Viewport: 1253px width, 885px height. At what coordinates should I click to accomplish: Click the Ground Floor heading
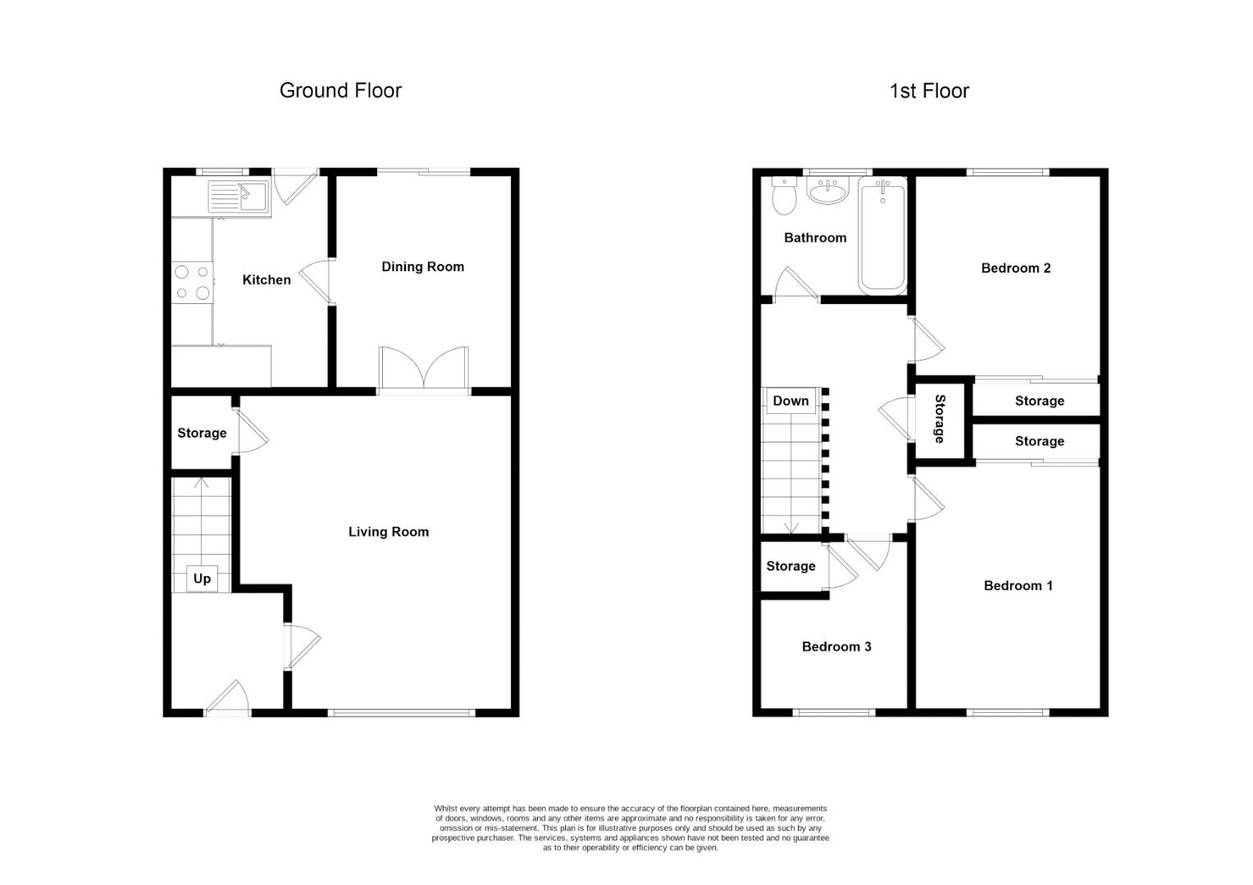pos(340,91)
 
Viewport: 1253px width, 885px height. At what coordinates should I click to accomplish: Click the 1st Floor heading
pos(929,91)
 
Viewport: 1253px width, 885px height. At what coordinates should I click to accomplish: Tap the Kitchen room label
pos(267,279)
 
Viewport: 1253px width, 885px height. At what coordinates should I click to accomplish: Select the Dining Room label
pos(422,266)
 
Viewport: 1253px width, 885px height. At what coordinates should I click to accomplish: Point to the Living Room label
pos(388,532)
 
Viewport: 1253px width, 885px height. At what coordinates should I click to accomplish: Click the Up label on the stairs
pos(202,579)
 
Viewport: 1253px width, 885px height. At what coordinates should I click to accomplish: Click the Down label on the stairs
pos(791,401)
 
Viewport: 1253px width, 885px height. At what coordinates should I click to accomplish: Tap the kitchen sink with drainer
pos(239,197)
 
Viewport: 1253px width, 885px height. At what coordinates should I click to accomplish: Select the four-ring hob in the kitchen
pos(192,283)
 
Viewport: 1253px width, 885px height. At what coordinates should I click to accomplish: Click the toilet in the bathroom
pos(784,196)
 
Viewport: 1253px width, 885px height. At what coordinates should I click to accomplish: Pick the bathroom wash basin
pos(828,191)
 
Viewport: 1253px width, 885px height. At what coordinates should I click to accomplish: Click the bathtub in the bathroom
pos(882,235)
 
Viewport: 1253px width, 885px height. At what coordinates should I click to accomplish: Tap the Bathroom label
pos(815,238)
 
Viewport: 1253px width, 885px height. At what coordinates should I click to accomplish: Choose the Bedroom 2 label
pos(1016,268)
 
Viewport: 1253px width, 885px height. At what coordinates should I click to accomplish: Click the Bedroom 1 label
pos(1018,585)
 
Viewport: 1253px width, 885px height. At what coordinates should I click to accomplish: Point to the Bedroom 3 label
pos(836,647)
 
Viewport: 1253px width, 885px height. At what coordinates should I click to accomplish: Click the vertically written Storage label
pos(940,419)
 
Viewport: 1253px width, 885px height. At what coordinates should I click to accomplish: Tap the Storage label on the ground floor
pos(202,433)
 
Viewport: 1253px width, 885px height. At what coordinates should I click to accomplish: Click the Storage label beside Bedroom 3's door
pos(791,565)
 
